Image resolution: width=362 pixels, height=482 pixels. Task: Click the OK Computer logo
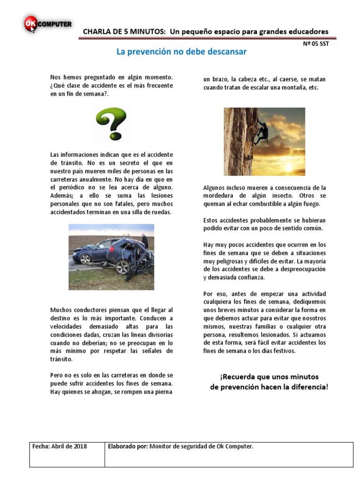coord(47,24)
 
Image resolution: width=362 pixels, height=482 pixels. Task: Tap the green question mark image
coord(111,123)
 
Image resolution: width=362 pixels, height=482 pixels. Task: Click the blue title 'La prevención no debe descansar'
coord(181,52)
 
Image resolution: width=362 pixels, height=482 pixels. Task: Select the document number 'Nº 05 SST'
coord(316,44)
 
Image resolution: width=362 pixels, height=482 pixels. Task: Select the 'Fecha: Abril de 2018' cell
coord(60,446)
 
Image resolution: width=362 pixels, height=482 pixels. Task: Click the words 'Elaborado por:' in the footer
coord(127,446)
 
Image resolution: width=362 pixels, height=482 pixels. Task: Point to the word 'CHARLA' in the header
coord(97,32)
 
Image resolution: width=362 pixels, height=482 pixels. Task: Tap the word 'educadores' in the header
coord(305,32)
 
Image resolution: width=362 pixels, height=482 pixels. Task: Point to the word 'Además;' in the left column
coord(62,195)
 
